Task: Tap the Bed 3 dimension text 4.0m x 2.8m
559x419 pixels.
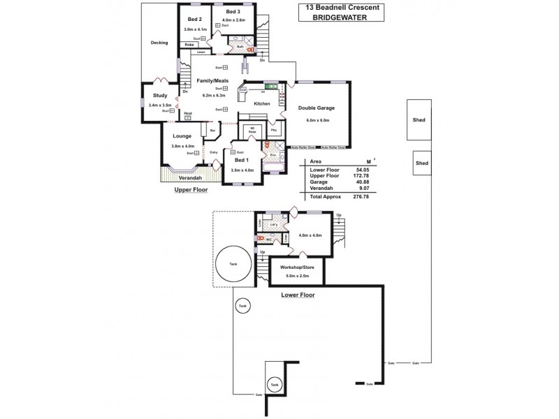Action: pyautogui.click(x=233, y=20)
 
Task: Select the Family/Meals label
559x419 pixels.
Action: pyautogui.click(x=209, y=81)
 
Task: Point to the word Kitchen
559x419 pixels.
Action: pyautogui.click(x=261, y=103)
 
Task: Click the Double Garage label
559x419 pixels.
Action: pyautogui.click(x=317, y=108)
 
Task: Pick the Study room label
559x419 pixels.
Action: pyautogui.click(x=159, y=95)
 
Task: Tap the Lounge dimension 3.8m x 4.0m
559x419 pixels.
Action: pyautogui.click(x=182, y=146)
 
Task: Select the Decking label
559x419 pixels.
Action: pyautogui.click(x=159, y=43)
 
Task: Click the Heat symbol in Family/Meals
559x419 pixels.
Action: pyautogui.click(x=188, y=118)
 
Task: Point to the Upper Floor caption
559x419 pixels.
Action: pyautogui.click(x=191, y=189)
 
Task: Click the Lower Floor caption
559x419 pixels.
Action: pyautogui.click(x=298, y=295)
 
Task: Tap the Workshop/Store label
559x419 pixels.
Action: pyautogui.click(x=296, y=267)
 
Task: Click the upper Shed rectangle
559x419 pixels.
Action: pyautogui.click(x=419, y=120)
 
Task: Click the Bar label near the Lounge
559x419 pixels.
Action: pyautogui.click(x=212, y=130)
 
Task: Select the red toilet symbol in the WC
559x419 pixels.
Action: pyautogui.click(x=260, y=238)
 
